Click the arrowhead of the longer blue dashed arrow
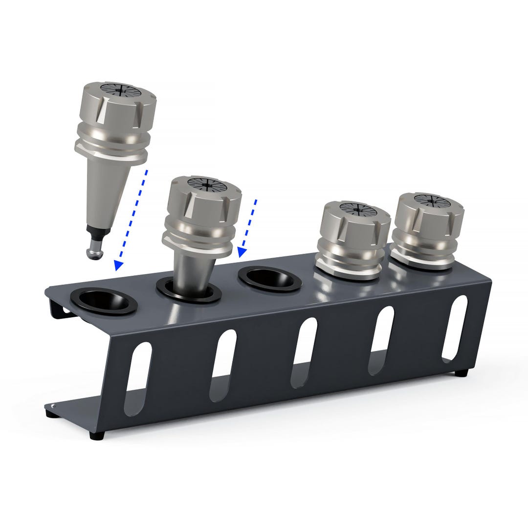tap(118, 265)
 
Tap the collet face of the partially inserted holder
tap(208, 185)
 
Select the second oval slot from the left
tap(223, 364)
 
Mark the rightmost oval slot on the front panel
tap(454, 328)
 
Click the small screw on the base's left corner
tap(53, 406)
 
